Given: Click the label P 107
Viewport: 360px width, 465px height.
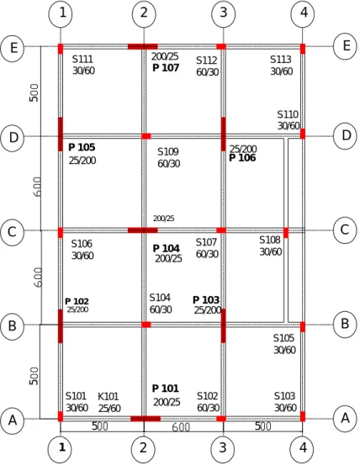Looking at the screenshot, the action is coord(166,68).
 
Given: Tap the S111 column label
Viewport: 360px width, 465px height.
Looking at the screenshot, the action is coord(82,60).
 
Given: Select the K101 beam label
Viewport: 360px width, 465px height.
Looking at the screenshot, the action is coord(109,397).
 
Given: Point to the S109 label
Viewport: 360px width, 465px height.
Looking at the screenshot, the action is coord(168,152).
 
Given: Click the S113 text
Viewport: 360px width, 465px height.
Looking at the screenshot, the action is coord(281,60).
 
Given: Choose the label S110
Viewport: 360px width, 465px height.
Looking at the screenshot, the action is coord(288,114).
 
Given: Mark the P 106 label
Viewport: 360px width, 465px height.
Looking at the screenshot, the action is coord(242,158).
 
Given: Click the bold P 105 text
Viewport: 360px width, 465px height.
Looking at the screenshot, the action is coord(82,147).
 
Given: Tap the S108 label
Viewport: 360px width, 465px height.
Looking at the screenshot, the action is coord(269,240).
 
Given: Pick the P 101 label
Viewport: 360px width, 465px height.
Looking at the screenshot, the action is coord(165,388).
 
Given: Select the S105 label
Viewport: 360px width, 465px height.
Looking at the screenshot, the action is coord(283,338).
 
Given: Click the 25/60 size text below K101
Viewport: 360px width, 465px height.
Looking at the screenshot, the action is coord(109,409).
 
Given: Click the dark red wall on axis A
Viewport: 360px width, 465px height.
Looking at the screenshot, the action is coord(146,419).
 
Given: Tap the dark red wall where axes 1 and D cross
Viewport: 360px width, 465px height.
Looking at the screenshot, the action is coord(61,134).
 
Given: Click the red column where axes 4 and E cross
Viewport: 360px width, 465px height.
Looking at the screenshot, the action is coord(303,49).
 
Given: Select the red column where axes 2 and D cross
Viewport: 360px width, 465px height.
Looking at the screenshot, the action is coord(146,136).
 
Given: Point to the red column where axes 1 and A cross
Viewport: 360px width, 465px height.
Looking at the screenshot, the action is coord(61,416).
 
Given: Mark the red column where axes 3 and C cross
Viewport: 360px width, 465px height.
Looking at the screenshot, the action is coord(221,230).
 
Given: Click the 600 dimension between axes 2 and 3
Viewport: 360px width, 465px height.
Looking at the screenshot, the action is coord(181,427).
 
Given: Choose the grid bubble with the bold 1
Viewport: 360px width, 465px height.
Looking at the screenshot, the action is coord(61,447).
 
